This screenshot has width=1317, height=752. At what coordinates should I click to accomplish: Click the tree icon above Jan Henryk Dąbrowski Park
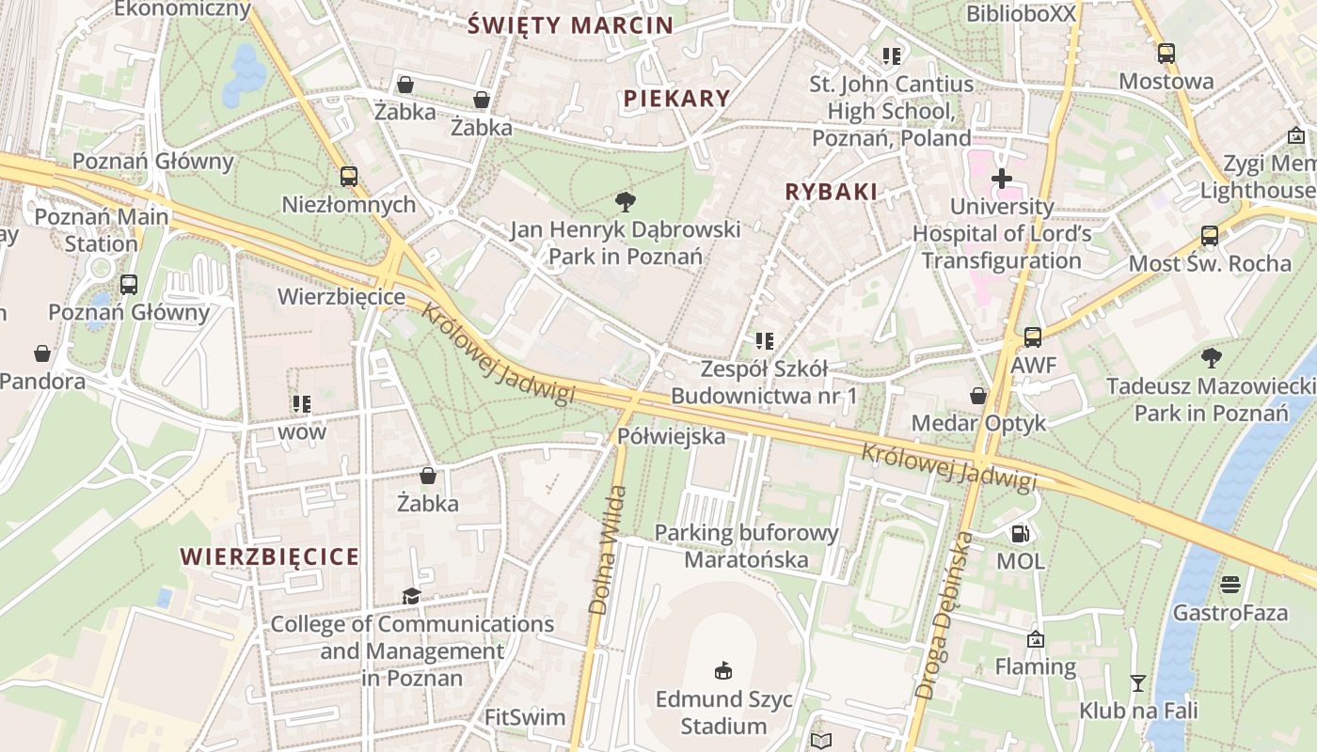624,202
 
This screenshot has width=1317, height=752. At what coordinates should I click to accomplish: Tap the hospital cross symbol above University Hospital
1002,178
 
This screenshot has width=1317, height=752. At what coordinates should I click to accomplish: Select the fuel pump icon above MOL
1020,534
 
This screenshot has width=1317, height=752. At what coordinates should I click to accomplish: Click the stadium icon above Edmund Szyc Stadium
723,671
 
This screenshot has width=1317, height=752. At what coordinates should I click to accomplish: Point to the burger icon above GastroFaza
1230,585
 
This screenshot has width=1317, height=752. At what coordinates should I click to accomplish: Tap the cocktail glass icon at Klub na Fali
1138,683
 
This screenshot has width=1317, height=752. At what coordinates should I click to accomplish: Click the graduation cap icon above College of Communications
411,596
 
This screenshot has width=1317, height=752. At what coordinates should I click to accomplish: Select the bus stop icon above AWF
1033,337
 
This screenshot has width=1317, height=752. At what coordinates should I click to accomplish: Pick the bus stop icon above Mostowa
1166,54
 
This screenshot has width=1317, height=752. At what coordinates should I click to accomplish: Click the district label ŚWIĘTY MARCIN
571,25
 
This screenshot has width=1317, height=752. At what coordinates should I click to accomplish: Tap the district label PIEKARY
676,99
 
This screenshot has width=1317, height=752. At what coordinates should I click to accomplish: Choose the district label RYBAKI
831,193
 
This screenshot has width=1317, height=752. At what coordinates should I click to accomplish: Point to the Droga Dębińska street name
944,616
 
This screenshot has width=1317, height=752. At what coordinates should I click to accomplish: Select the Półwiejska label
671,436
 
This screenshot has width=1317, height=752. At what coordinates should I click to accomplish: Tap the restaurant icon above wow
301,404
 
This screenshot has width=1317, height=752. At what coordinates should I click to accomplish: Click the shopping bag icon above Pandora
42,353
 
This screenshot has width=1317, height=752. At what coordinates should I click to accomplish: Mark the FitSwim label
525,718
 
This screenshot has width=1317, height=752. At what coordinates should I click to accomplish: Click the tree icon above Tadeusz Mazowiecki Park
1211,358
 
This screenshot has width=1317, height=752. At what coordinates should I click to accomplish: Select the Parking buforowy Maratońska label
746,546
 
